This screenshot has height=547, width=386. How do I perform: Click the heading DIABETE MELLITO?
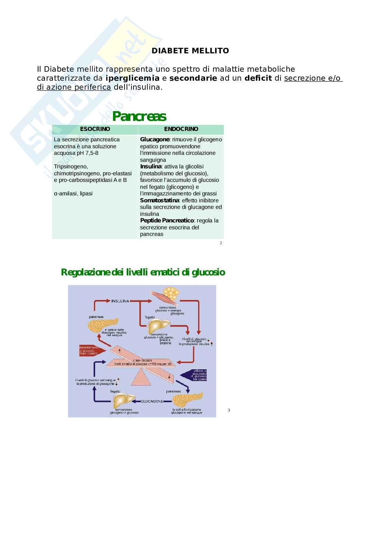[190, 51]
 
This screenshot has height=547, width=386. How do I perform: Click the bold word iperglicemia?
[132, 78]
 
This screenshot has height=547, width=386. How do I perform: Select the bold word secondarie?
[193, 78]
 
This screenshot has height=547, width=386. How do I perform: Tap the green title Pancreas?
[139, 117]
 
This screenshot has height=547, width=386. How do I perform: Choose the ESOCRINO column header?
[95, 129]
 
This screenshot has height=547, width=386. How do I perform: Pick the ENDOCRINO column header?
[181, 129]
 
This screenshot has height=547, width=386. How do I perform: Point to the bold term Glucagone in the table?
[155, 139]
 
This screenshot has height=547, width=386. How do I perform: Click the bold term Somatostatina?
[159, 200]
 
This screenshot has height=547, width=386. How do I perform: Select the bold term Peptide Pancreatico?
[167, 221]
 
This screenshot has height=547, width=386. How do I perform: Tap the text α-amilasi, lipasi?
[73, 194]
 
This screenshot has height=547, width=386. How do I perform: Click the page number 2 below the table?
[221, 243]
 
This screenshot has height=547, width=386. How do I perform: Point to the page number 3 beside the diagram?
[229, 411]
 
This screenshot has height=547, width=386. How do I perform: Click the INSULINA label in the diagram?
[120, 301]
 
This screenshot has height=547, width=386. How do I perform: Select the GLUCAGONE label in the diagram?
[152, 401]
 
